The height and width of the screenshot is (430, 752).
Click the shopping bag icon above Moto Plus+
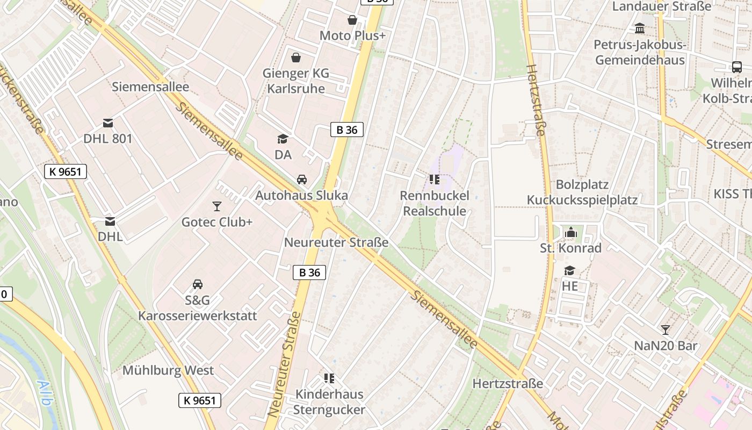pyautogui.click(x=352, y=20)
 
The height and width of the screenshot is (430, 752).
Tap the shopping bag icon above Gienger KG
pyautogui.click(x=295, y=57)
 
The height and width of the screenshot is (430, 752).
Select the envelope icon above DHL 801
pyautogui.click(x=108, y=123)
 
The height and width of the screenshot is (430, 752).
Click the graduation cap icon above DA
pyautogui.click(x=283, y=139)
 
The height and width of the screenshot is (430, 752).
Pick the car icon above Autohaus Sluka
pyautogui.click(x=302, y=180)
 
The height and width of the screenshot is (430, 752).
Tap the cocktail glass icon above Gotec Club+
pyautogui.click(x=216, y=206)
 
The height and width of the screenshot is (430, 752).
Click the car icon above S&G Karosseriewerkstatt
pyautogui.click(x=198, y=284)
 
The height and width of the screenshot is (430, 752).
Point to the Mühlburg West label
pyautogui.click(x=168, y=370)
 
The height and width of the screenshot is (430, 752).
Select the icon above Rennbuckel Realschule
pyautogui.click(x=435, y=179)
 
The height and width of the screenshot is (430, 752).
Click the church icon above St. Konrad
pyautogui.click(x=570, y=233)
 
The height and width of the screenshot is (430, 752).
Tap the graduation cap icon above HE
pyautogui.click(x=569, y=270)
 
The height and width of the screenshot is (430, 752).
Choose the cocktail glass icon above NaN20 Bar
pyautogui.click(x=666, y=329)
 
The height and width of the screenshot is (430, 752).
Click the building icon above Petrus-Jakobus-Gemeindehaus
pyautogui.click(x=640, y=28)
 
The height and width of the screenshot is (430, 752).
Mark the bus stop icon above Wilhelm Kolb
pyautogui.click(x=736, y=67)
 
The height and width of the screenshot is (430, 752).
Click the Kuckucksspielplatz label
pyautogui.click(x=582, y=200)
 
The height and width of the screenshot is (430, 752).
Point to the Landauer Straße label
pyautogui.click(x=662, y=6)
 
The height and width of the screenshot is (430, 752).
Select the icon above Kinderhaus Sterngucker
pyautogui.click(x=329, y=378)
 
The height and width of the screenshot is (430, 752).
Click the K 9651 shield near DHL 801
pyautogui.click(x=66, y=172)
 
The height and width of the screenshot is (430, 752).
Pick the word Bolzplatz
pyautogui.click(x=582, y=184)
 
